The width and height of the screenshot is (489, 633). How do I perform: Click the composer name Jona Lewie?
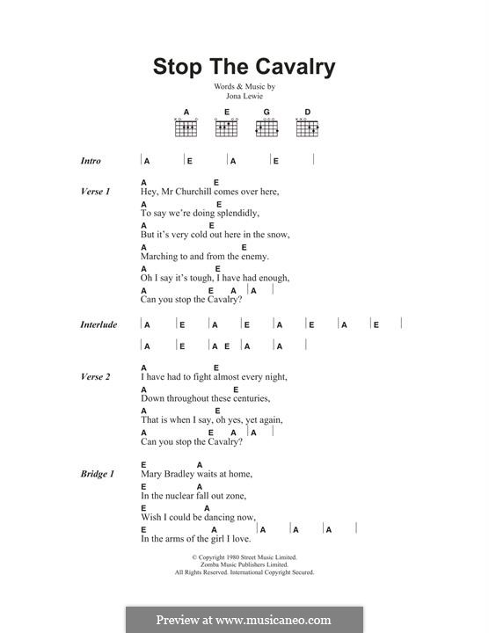[x=244, y=98]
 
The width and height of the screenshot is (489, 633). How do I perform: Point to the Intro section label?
[x=91, y=161]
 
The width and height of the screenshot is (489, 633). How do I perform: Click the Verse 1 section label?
[x=95, y=192]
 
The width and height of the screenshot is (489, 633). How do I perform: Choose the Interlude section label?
[x=98, y=324]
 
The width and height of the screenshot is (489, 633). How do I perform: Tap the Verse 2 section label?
[x=95, y=377]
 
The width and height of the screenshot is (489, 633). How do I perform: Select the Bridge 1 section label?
[x=97, y=474]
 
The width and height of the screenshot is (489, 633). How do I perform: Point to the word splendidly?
[x=235, y=214]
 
